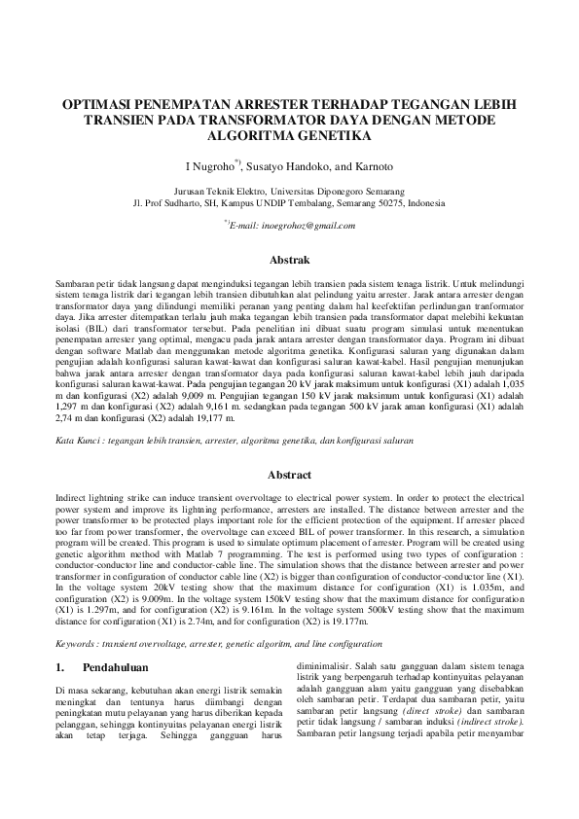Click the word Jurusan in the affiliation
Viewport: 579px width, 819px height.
(x=190, y=192)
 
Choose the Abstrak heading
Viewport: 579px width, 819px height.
(x=289, y=260)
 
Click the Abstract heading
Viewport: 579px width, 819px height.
(x=289, y=475)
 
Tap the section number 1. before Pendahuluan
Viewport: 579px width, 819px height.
(x=59, y=668)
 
